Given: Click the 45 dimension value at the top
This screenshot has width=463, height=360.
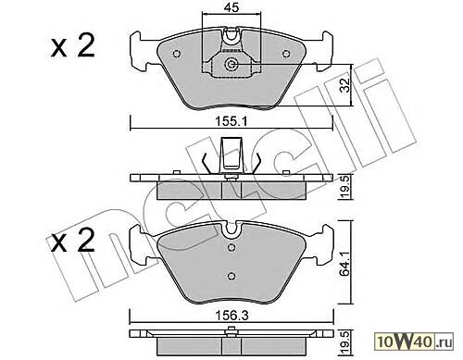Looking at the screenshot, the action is [231, 7].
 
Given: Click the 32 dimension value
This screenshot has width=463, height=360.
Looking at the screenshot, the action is [344, 85].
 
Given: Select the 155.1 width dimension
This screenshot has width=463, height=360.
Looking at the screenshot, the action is [231, 121].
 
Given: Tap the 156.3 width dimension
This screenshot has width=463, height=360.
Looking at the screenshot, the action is [231, 316].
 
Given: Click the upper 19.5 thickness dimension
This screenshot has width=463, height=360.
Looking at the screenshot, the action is [345, 187].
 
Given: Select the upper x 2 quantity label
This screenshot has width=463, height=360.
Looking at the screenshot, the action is [73, 46].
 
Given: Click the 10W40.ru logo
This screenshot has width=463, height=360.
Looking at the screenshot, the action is [414, 342].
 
